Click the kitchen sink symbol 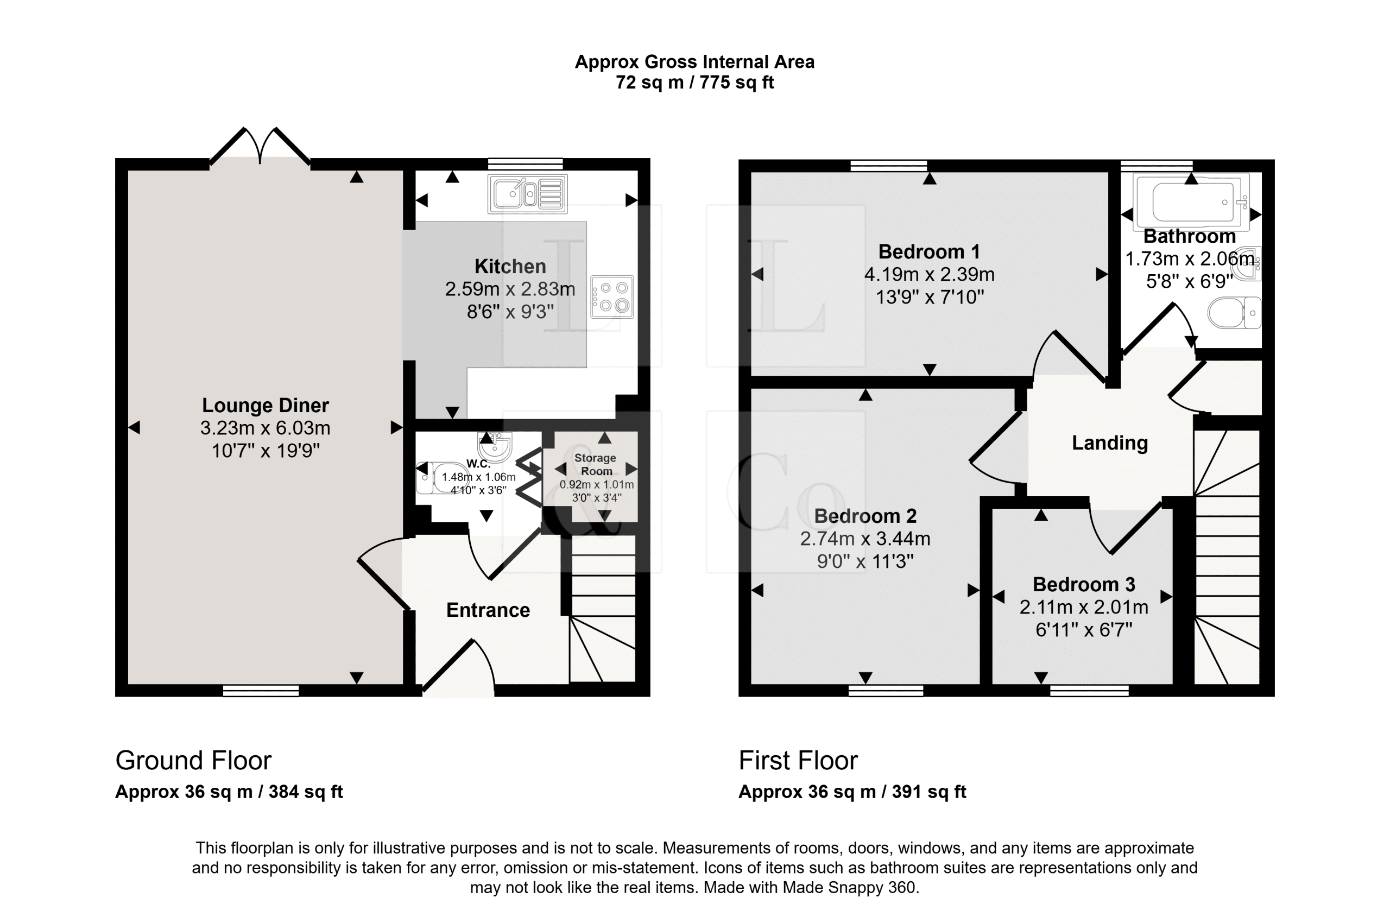(x=528, y=193)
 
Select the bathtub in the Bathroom (x=1192, y=202)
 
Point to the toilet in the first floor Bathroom (x=1234, y=313)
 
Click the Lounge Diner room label (x=266, y=405)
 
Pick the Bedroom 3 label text (x=1084, y=584)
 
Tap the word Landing (x=1110, y=442)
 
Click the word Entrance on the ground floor (x=488, y=610)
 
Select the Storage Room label (x=596, y=464)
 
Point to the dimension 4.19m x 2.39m (x=930, y=274)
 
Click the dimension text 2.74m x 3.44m (x=865, y=539)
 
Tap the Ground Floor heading (x=193, y=761)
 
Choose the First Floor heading (x=798, y=761)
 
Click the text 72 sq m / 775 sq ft (x=694, y=83)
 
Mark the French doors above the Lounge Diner (x=260, y=146)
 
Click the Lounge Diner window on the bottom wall (x=261, y=691)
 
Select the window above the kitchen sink (x=525, y=164)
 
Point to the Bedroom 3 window (x=1090, y=691)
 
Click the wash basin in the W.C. (x=495, y=446)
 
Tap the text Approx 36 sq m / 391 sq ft (x=852, y=792)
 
